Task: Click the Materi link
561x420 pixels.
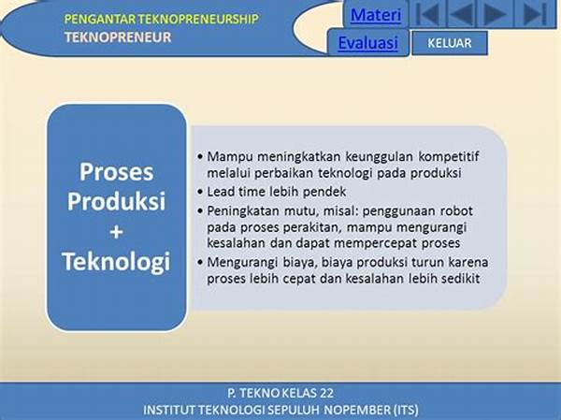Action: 376,15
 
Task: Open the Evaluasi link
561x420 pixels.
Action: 367,43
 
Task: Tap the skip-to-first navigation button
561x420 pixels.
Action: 428,14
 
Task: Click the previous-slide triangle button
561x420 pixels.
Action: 462,14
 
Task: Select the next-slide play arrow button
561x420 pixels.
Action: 495,14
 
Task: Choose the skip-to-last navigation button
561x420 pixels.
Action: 535,14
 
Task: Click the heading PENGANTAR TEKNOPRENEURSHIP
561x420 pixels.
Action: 161,19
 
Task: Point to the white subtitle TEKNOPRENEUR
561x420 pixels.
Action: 118,37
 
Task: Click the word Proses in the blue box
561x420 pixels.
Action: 116,172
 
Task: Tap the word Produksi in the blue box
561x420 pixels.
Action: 116,201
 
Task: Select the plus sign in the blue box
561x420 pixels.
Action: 116,232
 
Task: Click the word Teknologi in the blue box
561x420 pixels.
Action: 116,262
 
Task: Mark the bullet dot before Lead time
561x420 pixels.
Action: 200,192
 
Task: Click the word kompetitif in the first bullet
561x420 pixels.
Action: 448,157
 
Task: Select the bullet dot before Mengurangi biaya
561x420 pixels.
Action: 200,263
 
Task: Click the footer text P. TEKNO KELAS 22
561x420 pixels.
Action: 280,393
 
